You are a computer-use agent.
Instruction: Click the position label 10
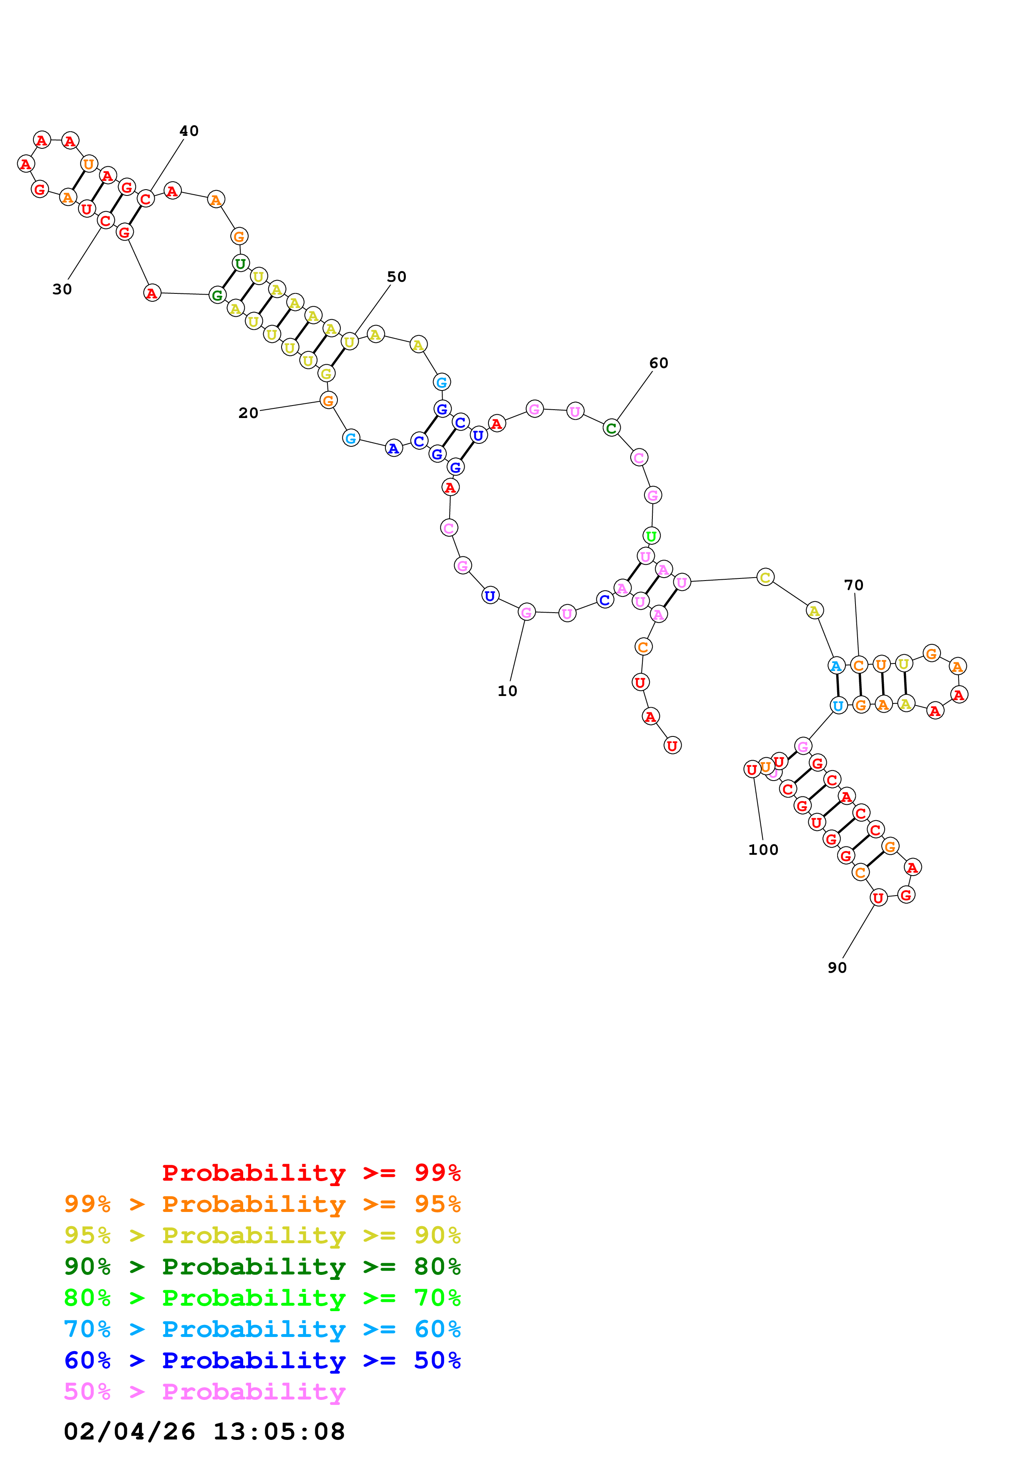click(507, 691)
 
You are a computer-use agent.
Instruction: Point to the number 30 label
click(62, 289)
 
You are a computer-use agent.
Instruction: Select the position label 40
click(189, 131)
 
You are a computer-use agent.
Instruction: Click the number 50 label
click(396, 277)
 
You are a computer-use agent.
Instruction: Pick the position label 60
click(658, 363)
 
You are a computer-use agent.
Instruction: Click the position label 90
click(837, 968)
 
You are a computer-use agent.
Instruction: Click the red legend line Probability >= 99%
click(311, 1173)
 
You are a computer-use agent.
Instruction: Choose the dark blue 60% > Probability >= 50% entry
click(262, 1360)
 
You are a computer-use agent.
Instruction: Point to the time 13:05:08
click(278, 1432)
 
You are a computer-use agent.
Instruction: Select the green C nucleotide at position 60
click(611, 428)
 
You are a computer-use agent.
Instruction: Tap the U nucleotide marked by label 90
click(878, 898)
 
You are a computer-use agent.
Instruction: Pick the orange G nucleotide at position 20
click(328, 401)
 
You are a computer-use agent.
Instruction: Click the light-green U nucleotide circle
click(650, 536)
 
